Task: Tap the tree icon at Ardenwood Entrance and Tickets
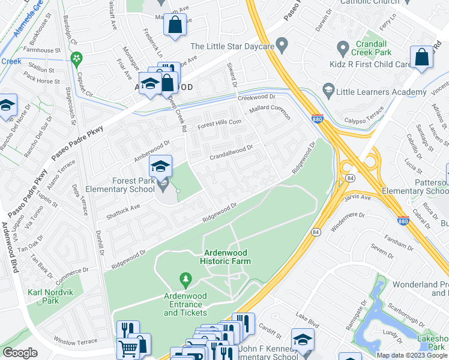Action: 185,280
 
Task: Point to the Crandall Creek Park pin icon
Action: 343,47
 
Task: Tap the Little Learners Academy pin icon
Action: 328,91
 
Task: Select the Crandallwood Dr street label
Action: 231,152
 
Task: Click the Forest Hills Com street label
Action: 220,122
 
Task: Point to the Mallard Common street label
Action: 270,112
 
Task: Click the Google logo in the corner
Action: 20,353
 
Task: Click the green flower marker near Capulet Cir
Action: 76,58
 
